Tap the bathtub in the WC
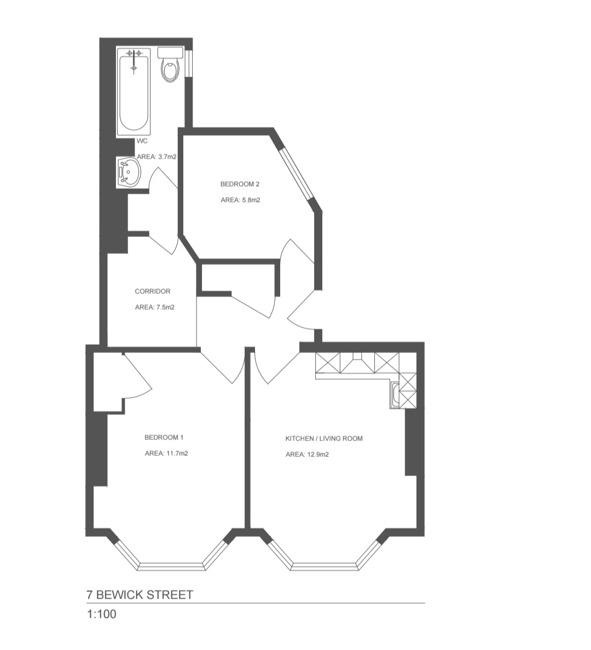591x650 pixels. pos(134,92)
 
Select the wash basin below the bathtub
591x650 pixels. pos(129,172)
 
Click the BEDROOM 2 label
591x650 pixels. pos(240,184)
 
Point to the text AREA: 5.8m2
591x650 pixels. pos(241,200)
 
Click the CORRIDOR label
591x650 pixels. pos(153,292)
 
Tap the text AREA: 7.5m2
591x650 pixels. pos(155,307)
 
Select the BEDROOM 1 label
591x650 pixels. pos(164,437)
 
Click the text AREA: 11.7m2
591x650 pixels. pos(166,454)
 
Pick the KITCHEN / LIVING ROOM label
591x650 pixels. pos(324,439)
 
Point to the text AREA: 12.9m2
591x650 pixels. pos(308,454)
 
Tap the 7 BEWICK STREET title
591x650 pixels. pos(140,595)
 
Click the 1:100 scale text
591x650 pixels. pos(102,614)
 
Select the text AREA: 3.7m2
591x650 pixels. pos(157,156)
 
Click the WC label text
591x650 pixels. pos(142,141)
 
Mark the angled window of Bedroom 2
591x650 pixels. pos(297,175)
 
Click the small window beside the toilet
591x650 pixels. pos(189,63)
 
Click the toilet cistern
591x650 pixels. pos(170,52)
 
